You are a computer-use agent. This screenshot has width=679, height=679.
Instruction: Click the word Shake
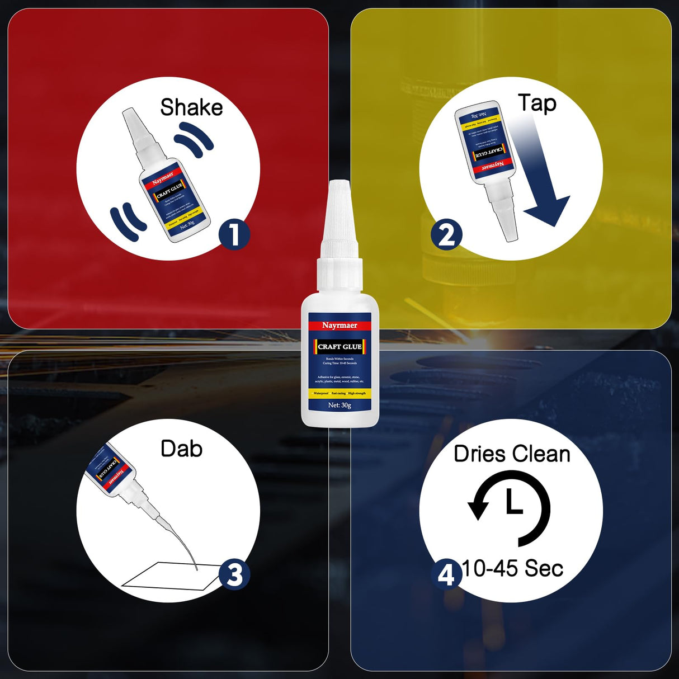click(191, 107)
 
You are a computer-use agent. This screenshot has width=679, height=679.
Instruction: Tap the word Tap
click(537, 103)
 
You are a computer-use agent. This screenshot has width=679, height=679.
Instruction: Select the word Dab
click(181, 449)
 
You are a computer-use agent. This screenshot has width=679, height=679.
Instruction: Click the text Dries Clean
click(512, 454)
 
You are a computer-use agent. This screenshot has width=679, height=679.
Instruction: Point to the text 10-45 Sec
click(512, 569)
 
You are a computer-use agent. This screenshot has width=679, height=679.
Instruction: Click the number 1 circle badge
click(234, 234)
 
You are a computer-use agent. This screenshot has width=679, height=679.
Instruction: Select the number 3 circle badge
click(234, 574)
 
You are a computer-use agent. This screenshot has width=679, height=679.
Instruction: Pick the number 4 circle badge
click(446, 574)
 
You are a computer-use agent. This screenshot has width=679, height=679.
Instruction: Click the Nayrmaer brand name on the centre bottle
click(339, 325)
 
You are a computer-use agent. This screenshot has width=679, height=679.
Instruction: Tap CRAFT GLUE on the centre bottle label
click(339, 347)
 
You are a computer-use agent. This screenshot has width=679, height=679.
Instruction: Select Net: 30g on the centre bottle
click(339, 405)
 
